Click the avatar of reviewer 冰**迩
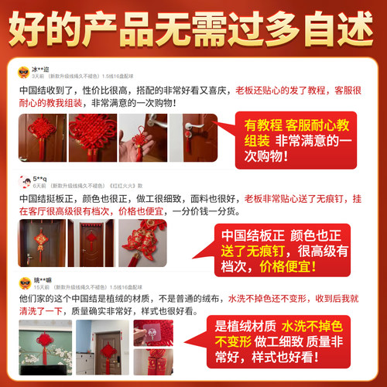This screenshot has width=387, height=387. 23,72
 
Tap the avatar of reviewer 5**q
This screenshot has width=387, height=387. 23,183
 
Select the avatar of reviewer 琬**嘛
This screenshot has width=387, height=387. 23,281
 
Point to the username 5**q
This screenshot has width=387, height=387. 40,178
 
